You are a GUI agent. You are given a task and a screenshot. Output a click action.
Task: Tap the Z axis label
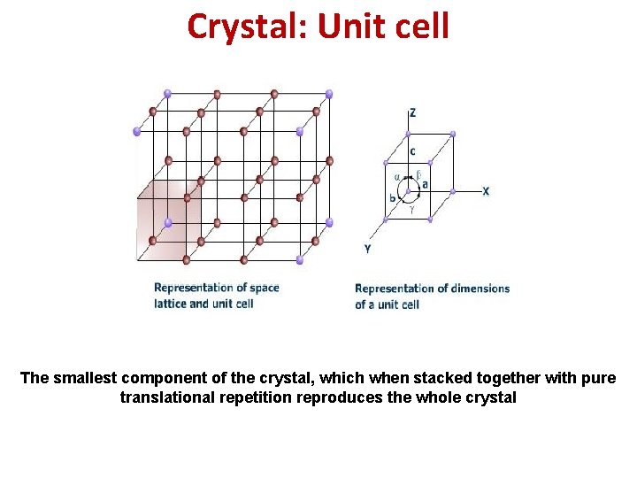[x=412, y=113]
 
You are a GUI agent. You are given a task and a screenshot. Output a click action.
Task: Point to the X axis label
[x=486, y=191]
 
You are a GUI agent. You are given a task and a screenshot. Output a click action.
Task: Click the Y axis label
[x=367, y=250]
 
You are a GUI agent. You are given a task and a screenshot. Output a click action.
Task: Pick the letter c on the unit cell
[x=412, y=151]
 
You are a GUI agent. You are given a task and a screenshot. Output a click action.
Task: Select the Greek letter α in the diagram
[x=397, y=176]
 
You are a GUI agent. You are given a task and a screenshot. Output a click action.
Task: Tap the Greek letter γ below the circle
[x=411, y=211]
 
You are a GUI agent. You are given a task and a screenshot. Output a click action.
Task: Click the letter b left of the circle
[x=392, y=198]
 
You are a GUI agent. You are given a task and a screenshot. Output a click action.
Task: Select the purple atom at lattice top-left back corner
[x=168, y=92]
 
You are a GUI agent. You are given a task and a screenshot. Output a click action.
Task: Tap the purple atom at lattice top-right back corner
[x=329, y=93]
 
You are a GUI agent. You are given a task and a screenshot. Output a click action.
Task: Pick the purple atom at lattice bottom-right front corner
[x=300, y=260]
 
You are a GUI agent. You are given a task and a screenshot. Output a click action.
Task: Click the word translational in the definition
[x=163, y=398]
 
